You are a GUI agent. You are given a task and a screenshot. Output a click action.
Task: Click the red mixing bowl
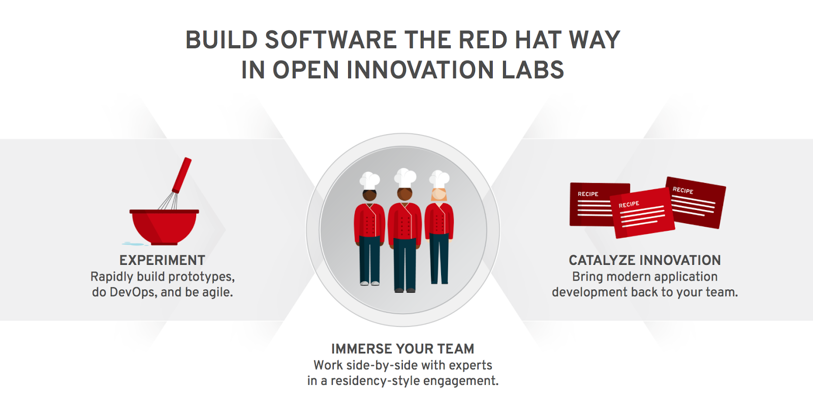pos(164,226)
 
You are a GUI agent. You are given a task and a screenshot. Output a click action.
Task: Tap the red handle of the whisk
pos(182,174)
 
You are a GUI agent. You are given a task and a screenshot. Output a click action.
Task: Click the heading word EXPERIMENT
pos(162,260)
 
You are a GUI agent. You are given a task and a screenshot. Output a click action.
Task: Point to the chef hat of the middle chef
pos(405,177)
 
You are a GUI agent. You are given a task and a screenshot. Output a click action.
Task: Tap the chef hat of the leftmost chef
pos(369,180)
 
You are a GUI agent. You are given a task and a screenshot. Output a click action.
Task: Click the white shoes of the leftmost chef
pos(369,283)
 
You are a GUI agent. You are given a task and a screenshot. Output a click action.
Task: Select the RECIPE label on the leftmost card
pos(588,194)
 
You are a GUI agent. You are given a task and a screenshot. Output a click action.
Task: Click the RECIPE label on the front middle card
pos(629,204)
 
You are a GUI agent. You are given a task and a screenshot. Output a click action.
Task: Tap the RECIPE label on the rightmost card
pos(683,190)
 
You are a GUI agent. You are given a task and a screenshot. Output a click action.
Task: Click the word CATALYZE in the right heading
pos(602,260)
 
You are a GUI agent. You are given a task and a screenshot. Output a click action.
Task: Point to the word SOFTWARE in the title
pos(330,40)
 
